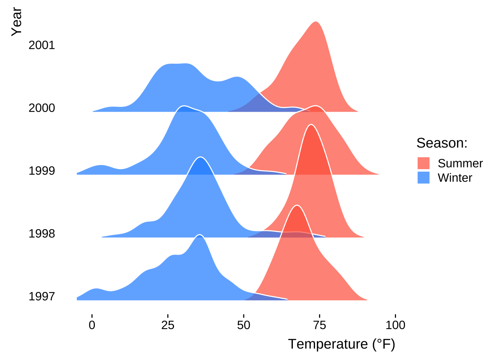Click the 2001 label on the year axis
coord(42,45)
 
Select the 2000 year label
coord(42,108)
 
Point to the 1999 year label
coord(42,171)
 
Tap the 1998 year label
coord(42,234)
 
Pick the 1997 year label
coord(42,297)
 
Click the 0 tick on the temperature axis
coord(92,325)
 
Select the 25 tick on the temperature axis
coord(168,325)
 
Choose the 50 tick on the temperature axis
coord(244,325)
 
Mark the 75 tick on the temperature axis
coord(319,325)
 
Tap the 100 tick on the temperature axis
coord(395,325)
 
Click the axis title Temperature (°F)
coord(341,344)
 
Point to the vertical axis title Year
coord(16,22)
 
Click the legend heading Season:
coord(442,143)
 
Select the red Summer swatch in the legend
coord(423,163)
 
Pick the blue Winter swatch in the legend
coord(423,177)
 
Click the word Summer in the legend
coord(460,163)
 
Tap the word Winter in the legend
coord(455,178)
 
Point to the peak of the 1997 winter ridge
coord(200,235)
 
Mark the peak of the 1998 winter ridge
coord(201,157)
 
